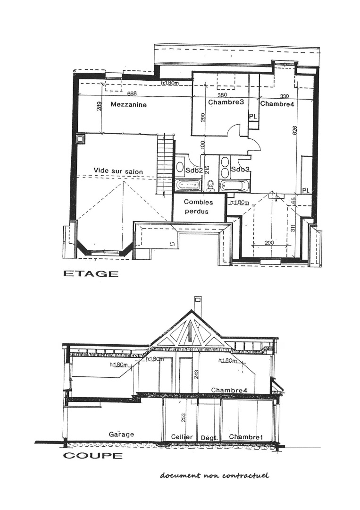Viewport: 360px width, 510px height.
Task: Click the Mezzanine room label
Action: pos(128,105)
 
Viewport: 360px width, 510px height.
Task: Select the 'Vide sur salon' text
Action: pos(118,171)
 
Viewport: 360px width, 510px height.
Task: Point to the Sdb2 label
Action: pos(194,170)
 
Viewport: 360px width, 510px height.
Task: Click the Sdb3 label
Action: pos(240,170)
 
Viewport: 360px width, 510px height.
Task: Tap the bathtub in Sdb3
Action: pos(234,185)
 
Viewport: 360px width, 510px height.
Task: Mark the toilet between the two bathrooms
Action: pos(211,185)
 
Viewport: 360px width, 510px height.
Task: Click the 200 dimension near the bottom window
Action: pos(269,242)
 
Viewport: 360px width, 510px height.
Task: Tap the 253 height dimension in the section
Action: pos(184,417)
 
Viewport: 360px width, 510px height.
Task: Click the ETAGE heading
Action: pos(91,274)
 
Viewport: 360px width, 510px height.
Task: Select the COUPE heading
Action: pos(92,456)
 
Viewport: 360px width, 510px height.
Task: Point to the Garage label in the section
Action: pos(121,434)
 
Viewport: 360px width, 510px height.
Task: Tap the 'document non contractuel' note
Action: pos(214,475)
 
